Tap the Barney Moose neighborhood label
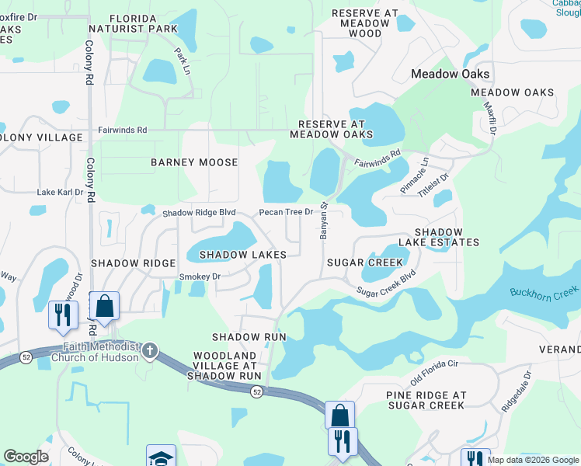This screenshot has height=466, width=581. pyautogui.click(x=194, y=162)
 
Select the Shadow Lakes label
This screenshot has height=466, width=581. pyautogui.click(x=242, y=255)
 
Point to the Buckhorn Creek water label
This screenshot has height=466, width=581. pyautogui.click(x=544, y=292)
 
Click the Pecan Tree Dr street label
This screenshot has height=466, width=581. pyautogui.click(x=286, y=212)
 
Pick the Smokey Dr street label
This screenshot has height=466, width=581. pyautogui.click(x=200, y=276)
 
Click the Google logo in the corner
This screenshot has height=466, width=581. pyautogui.click(x=26, y=457)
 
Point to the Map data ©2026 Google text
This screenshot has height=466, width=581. pyautogui.click(x=532, y=460)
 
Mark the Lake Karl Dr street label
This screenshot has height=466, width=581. pyautogui.click(x=60, y=192)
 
